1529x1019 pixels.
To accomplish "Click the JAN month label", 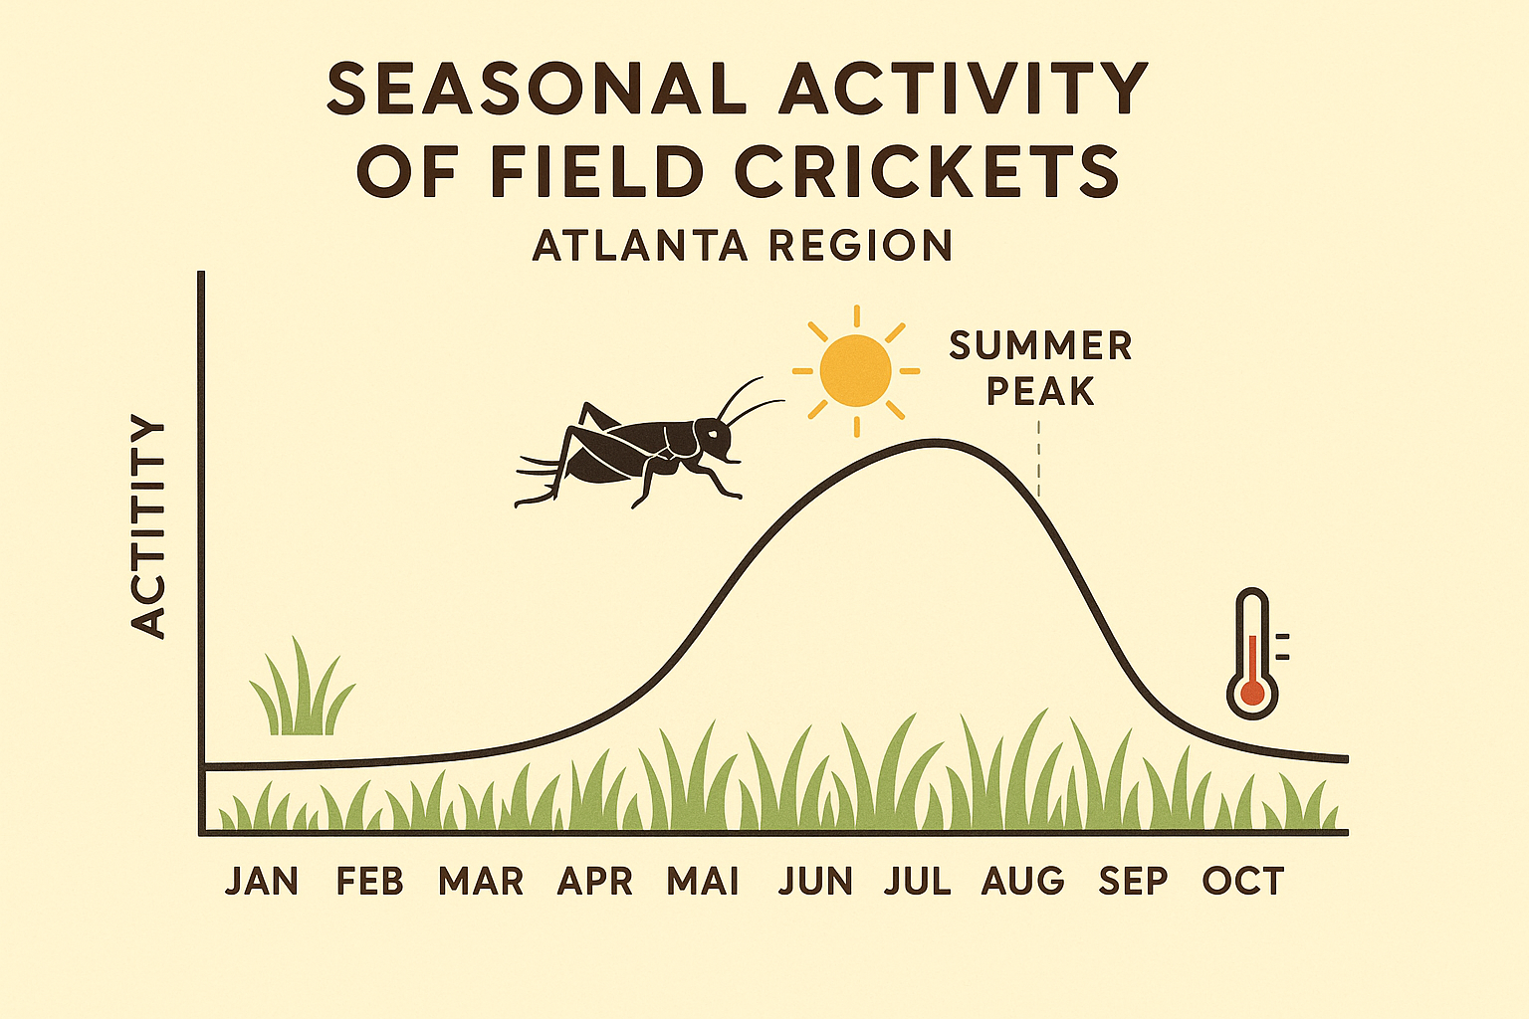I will coord(261,882).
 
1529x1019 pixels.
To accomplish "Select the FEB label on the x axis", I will coord(369,882).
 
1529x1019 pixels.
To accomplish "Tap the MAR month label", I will coord(481,882).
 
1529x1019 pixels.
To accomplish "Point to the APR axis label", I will coord(594,882).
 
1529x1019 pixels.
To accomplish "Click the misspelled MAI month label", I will coord(703,882).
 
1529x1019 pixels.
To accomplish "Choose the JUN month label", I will coord(815,882).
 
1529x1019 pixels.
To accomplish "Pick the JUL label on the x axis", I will coord(917,882).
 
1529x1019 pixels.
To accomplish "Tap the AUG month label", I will coord(1023,882).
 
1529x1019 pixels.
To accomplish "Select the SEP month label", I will coord(1133,882).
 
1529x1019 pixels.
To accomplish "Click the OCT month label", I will coord(1243,882).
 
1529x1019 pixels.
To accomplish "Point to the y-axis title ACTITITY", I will coord(148,527).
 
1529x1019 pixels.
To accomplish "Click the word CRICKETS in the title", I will coord(927,171).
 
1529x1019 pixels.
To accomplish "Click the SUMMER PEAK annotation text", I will coord(1040,368).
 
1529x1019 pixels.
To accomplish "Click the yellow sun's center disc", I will coord(855,371).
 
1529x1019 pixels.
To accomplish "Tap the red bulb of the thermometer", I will coord(1251,693).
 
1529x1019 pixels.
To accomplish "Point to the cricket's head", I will coord(716,438).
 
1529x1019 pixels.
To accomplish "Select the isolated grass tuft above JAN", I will coord(301,692).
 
